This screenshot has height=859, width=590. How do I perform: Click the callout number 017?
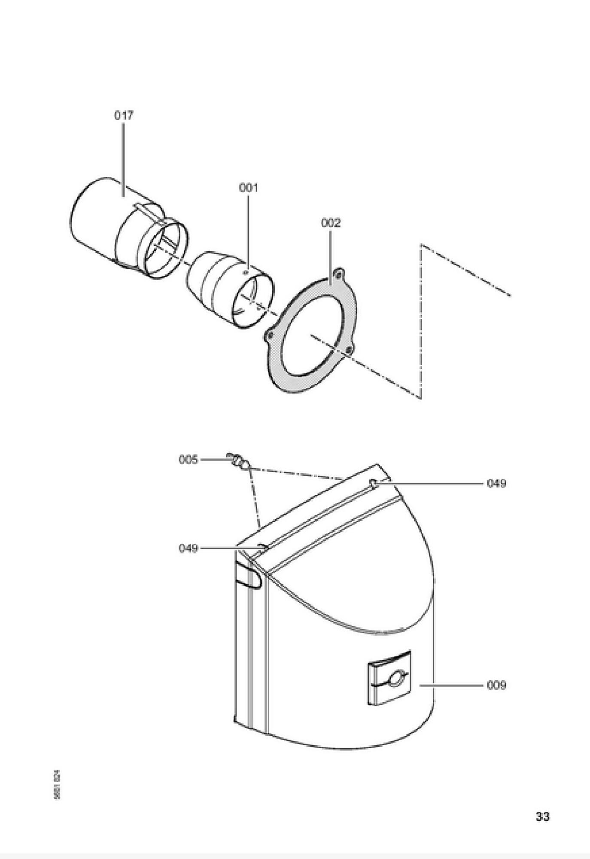124,115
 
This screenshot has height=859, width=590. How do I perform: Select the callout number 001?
249,188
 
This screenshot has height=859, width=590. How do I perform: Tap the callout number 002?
331,223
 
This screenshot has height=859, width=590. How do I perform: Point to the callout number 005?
188,460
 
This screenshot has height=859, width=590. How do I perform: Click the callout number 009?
496,685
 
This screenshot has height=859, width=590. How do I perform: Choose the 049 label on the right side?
496,483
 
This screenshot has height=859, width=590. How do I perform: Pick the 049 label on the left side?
188,548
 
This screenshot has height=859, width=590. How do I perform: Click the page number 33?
542,816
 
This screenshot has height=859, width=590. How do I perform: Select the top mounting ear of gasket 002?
339,273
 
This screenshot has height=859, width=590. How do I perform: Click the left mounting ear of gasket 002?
269,335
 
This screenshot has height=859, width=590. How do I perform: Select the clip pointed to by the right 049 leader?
374,484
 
